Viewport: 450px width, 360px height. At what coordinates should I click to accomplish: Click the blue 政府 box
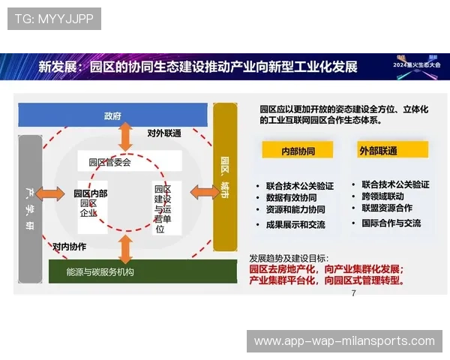[112, 115]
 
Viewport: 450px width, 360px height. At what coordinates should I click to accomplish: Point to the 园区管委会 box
[109, 161]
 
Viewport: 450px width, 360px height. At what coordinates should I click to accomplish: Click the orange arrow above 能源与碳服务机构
[124, 245]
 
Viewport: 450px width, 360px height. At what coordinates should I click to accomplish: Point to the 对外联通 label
[164, 133]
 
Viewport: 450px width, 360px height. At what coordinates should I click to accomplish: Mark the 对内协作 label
[70, 246]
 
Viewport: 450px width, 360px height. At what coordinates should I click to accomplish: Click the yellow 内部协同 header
[298, 150]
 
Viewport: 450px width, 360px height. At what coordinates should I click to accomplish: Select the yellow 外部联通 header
[378, 150]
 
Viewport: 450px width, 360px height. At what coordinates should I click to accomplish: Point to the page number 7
[353, 293]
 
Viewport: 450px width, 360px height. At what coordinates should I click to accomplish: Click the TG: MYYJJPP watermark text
[54, 18]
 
